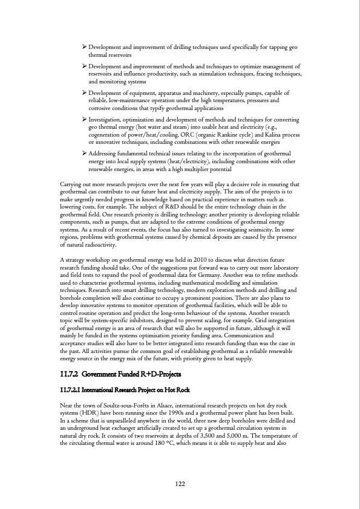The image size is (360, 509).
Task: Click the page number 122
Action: click(180, 484)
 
